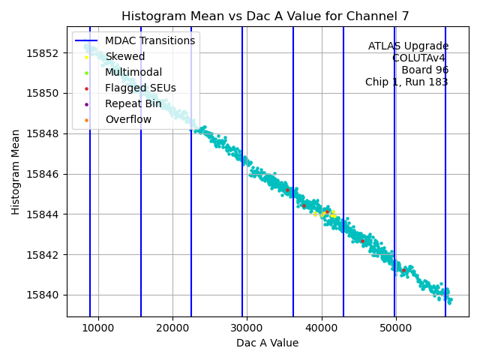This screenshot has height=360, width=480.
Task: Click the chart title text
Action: (267, 16)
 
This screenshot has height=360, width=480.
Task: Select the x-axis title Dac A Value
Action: (267, 343)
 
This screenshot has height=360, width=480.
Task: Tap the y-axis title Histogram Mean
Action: (16, 171)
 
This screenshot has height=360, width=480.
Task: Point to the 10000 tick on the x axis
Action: (98, 328)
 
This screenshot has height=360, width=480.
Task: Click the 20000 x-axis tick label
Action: (172, 328)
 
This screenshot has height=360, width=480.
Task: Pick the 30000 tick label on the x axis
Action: (247, 328)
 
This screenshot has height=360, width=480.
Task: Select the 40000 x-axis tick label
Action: (322, 328)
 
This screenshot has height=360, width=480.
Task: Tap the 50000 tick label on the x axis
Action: (396, 328)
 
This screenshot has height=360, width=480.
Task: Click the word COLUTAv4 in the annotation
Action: (420, 58)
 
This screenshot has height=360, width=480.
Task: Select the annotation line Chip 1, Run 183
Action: (406, 82)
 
